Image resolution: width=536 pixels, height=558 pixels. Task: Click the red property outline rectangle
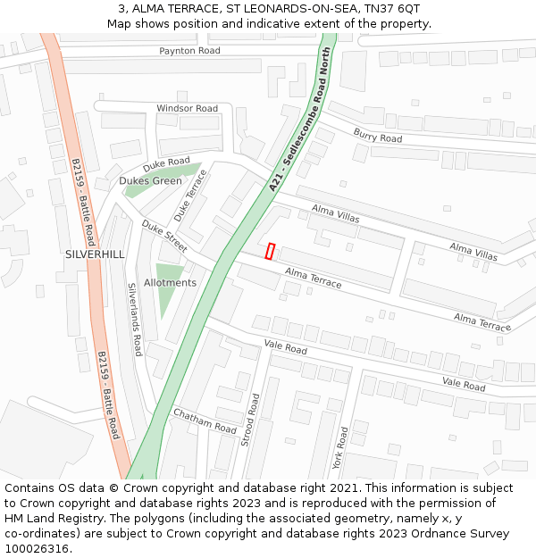(x=270, y=252)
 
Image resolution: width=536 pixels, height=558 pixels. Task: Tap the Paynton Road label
(x=189, y=51)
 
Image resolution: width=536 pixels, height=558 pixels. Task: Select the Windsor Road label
(x=187, y=109)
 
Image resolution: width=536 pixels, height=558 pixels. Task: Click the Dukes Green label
(x=150, y=180)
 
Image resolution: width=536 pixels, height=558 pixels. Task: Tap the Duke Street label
(x=163, y=237)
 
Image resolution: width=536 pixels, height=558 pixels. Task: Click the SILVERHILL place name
(x=95, y=254)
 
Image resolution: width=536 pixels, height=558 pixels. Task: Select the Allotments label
(x=170, y=283)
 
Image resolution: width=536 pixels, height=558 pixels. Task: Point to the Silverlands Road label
(x=135, y=319)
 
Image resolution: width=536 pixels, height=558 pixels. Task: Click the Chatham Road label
(x=205, y=421)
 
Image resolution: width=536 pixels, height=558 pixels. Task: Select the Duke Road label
(x=167, y=164)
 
